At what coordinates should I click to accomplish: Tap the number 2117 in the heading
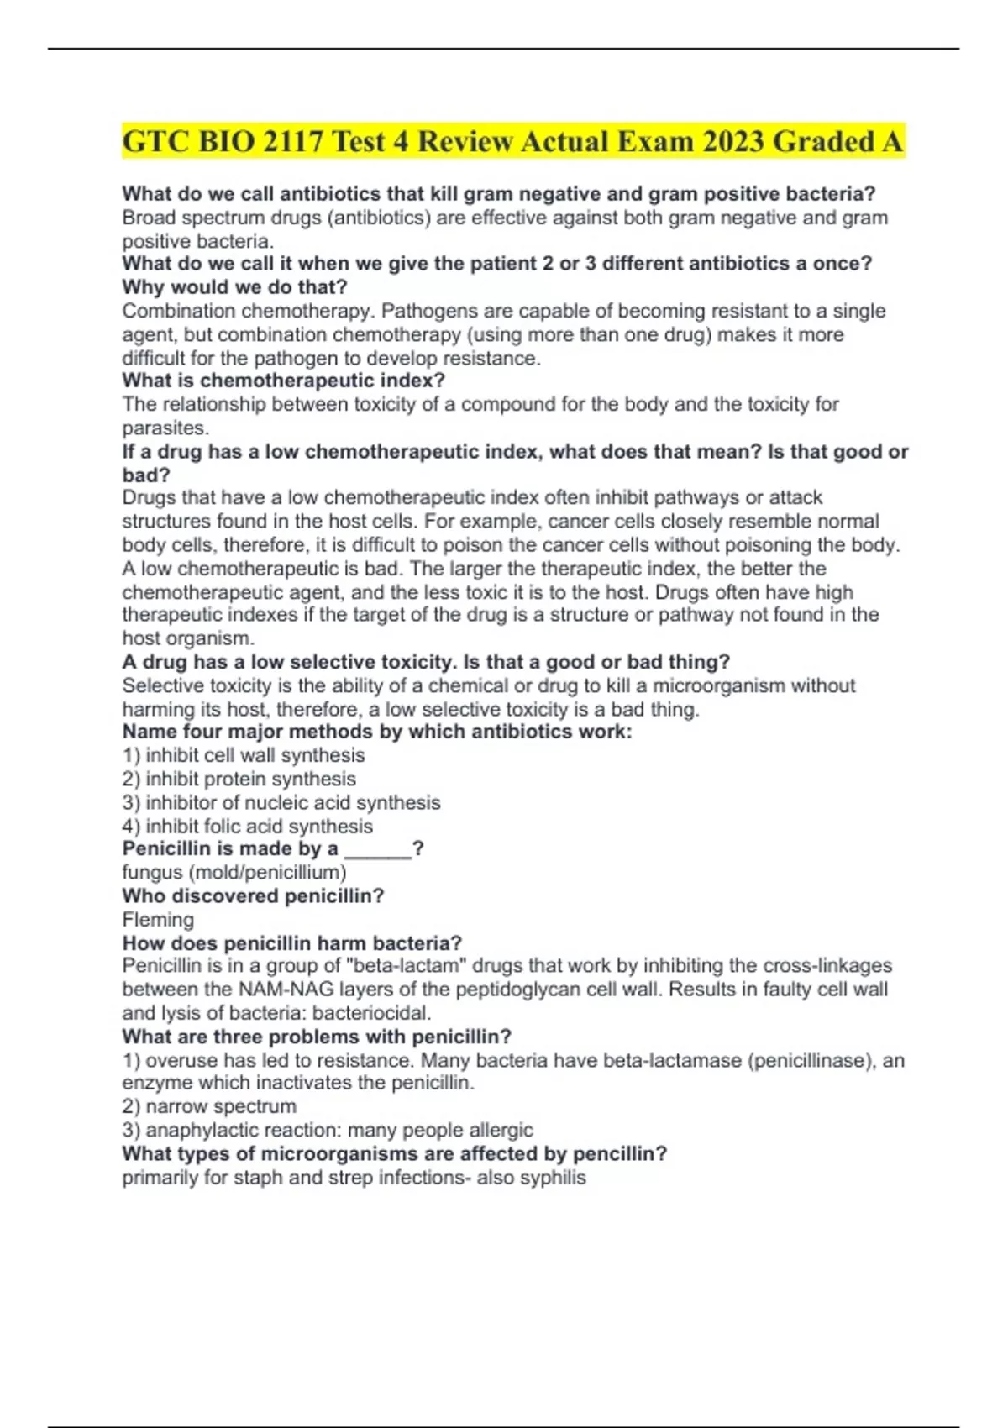(x=292, y=141)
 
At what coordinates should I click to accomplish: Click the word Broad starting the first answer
(x=149, y=218)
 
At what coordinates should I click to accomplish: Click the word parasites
(x=164, y=428)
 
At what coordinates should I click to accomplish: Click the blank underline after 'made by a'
(x=378, y=850)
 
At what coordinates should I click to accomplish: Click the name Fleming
(x=158, y=919)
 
